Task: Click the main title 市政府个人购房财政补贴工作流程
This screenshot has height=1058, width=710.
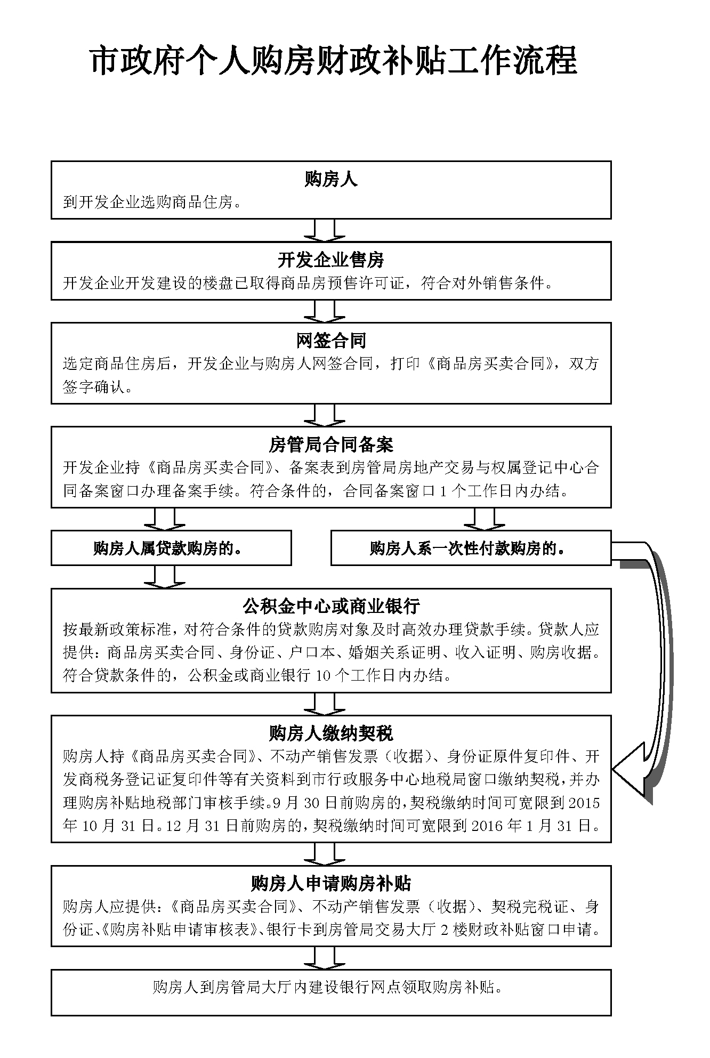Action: (x=334, y=61)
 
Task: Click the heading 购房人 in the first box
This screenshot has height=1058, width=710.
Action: (x=330, y=180)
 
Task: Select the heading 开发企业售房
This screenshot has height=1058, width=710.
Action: (x=330, y=260)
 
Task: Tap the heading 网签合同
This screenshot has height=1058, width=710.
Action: (x=330, y=340)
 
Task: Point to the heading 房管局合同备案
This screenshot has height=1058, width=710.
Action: (x=330, y=444)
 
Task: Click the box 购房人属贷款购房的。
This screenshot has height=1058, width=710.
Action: (x=171, y=548)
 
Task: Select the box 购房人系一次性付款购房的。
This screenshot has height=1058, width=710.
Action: (x=470, y=548)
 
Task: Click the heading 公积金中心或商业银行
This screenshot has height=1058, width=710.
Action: (x=330, y=606)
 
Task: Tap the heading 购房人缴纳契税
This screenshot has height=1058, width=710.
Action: (x=330, y=733)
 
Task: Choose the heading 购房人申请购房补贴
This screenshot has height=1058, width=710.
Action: (x=330, y=884)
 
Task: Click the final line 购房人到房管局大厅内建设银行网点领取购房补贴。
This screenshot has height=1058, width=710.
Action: (x=327, y=987)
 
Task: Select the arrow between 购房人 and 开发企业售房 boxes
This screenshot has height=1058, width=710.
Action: (x=325, y=230)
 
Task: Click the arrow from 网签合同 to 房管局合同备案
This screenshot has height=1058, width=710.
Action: (x=325, y=415)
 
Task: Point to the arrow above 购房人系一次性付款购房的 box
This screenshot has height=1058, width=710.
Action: (x=485, y=519)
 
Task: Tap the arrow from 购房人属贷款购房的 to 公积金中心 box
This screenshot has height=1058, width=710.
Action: (x=165, y=576)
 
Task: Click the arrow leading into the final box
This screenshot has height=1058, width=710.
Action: (x=325, y=957)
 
